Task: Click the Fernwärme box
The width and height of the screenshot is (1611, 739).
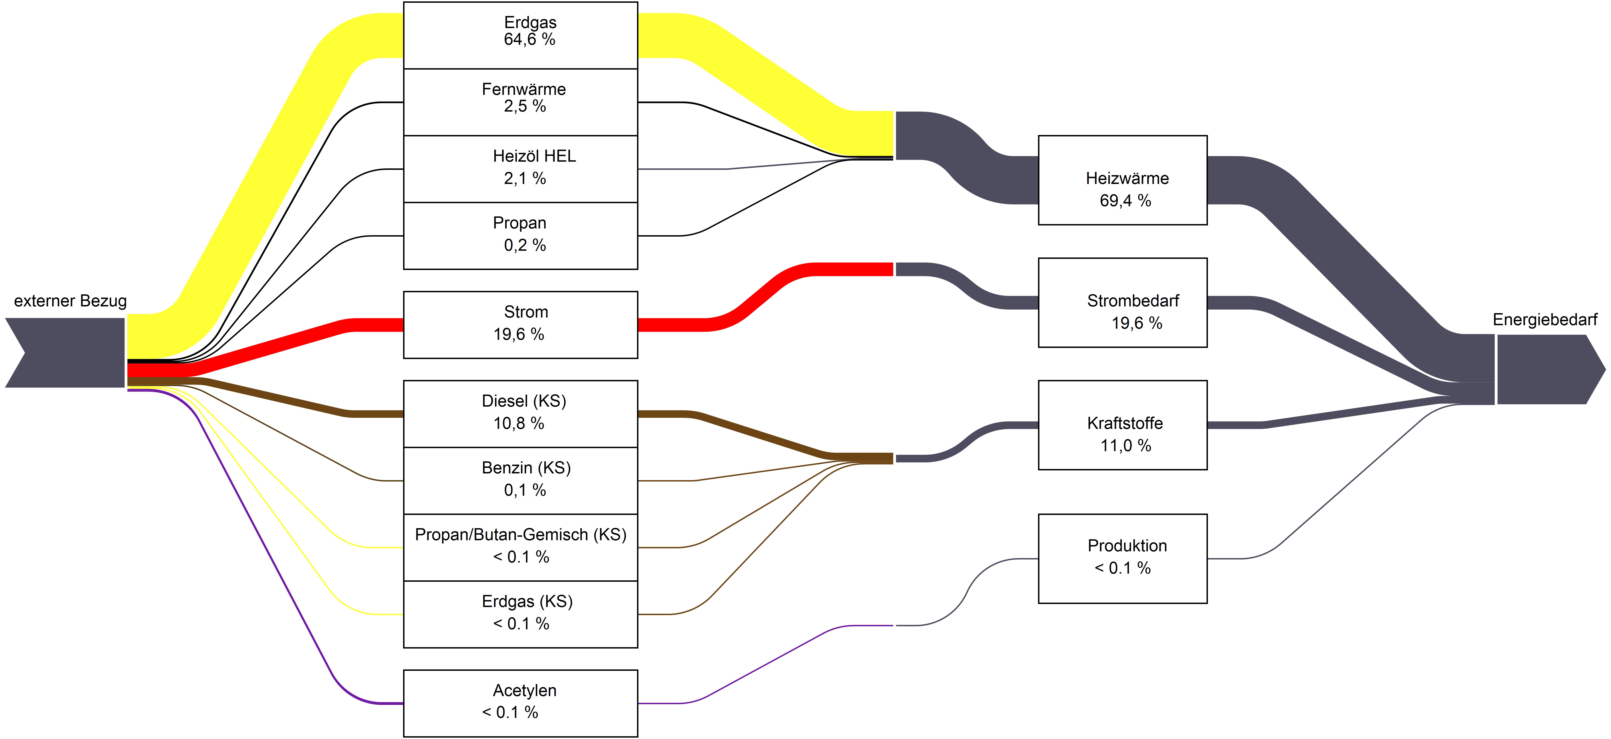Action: click(520, 102)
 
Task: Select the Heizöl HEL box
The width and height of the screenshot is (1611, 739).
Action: click(520, 169)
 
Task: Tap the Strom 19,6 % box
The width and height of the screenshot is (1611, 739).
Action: click(520, 325)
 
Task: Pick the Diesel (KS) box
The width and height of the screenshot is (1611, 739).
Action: click(520, 414)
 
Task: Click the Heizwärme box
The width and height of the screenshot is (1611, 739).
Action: click(1123, 180)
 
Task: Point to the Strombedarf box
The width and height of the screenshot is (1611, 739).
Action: click(1123, 303)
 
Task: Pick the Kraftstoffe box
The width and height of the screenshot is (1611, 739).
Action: click(1123, 425)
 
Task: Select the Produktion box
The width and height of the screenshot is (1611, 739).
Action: click(1123, 558)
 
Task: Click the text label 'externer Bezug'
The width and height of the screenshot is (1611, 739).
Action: click(70, 301)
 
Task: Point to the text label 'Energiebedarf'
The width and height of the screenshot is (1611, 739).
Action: click(1545, 319)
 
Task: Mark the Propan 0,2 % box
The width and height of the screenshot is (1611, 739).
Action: click(520, 236)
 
